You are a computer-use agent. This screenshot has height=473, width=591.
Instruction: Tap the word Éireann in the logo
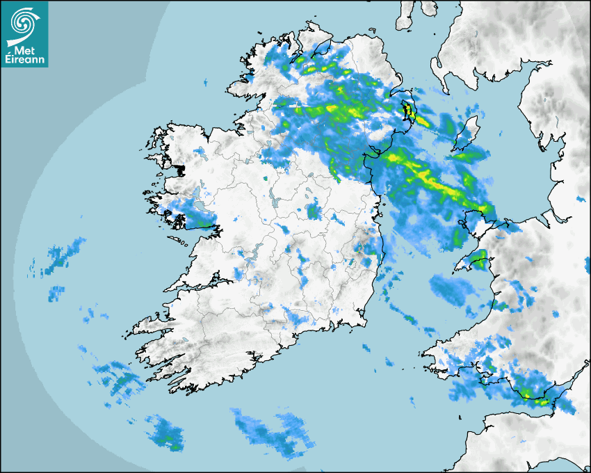tap(25, 60)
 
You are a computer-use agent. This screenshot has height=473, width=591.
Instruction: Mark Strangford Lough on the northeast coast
tap(407, 111)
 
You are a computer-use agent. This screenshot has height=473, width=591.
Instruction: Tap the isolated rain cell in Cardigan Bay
tap(452, 289)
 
